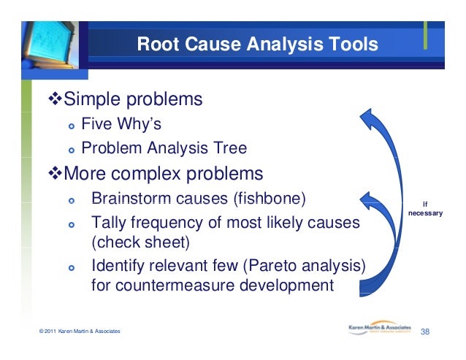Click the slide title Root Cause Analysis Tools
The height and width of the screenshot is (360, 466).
click(258, 45)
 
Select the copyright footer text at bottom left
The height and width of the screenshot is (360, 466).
click(80, 333)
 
